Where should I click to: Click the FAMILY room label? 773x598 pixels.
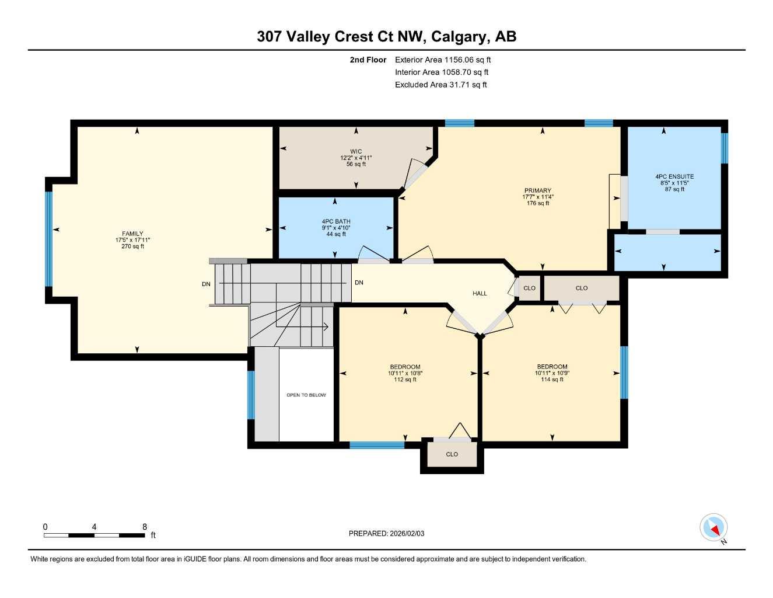(x=132, y=234)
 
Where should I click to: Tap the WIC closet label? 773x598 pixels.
(x=356, y=151)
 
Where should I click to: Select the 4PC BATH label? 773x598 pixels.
(x=336, y=221)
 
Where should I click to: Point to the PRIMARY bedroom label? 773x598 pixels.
(x=537, y=190)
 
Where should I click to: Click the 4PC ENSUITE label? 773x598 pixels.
(x=674, y=176)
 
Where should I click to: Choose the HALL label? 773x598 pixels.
(x=480, y=293)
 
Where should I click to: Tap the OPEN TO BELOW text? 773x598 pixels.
(x=306, y=395)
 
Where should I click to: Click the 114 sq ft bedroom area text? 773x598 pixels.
(x=552, y=380)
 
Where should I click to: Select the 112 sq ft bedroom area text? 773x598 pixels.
(x=405, y=380)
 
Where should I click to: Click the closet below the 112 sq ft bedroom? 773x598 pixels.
(x=452, y=454)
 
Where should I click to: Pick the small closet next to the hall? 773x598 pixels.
(x=529, y=288)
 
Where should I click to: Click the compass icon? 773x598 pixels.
(x=713, y=528)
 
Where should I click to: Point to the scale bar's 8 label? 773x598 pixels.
(x=145, y=527)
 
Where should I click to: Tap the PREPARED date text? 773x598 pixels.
(x=386, y=533)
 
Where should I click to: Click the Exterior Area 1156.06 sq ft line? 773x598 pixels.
(x=443, y=60)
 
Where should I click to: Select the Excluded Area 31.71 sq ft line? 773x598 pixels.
(x=440, y=85)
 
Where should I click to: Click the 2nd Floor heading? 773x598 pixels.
(x=368, y=60)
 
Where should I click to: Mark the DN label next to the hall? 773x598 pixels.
(x=359, y=283)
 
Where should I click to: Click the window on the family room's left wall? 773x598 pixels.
(x=49, y=239)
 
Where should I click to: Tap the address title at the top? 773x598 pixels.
(x=386, y=37)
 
